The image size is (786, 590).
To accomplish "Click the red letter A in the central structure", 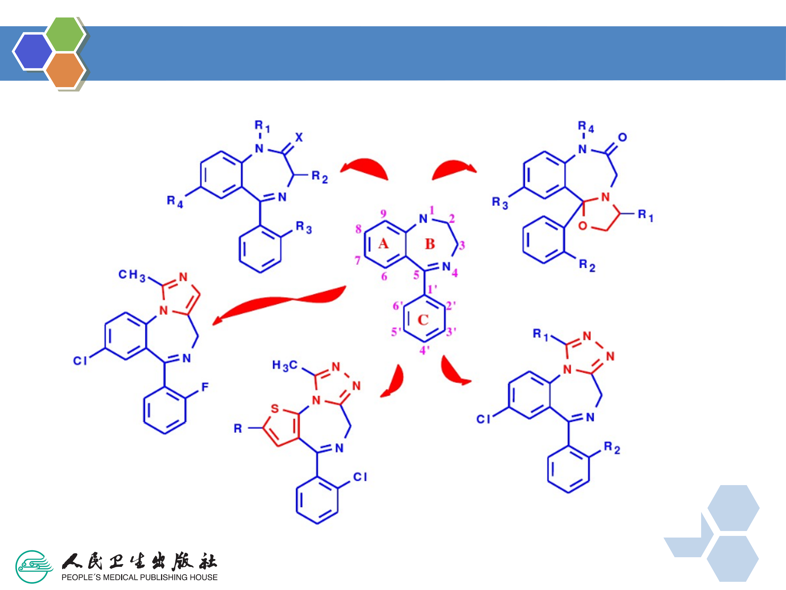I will pyautogui.click(x=383, y=244).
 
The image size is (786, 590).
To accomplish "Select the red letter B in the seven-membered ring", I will pyautogui.click(x=430, y=244).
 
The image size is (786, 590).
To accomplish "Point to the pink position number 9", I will pyautogui.click(x=383, y=213).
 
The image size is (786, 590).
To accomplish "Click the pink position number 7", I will pyautogui.click(x=358, y=260).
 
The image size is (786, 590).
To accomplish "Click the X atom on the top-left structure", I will pyautogui.click(x=299, y=137).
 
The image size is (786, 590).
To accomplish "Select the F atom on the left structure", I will pyautogui.click(x=205, y=387).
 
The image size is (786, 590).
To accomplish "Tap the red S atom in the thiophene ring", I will pyautogui.click(x=275, y=409).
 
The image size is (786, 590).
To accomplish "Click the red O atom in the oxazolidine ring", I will pyautogui.click(x=583, y=225).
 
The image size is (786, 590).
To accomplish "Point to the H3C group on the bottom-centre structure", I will pyautogui.click(x=284, y=365).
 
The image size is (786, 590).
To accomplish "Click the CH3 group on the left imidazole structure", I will pyautogui.click(x=132, y=275).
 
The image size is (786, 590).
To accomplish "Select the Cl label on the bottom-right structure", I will pyautogui.click(x=483, y=419).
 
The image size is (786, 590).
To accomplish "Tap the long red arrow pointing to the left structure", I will pyautogui.click(x=281, y=302).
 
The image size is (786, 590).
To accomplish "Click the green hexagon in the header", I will pyautogui.click(x=65, y=34).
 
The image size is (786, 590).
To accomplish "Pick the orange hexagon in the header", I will pyautogui.click(x=65, y=70).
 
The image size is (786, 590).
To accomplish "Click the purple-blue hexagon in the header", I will pyautogui.click(x=33, y=51).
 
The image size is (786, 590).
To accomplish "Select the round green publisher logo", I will pyautogui.click(x=34, y=567).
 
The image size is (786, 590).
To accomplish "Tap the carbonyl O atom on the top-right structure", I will pyautogui.click(x=622, y=137).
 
